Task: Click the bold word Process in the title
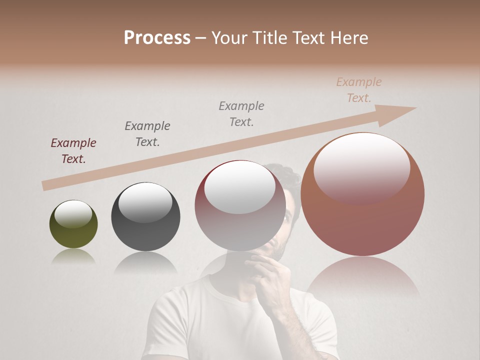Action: click(x=157, y=38)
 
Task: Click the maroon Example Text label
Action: click(x=73, y=151)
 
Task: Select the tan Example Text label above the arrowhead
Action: click(x=359, y=90)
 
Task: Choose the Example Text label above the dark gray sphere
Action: click(x=147, y=133)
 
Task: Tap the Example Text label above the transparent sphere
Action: click(x=241, y=113)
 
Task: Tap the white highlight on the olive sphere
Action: click(x=73, y=214)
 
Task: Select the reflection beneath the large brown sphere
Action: click(x=362, y=277)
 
